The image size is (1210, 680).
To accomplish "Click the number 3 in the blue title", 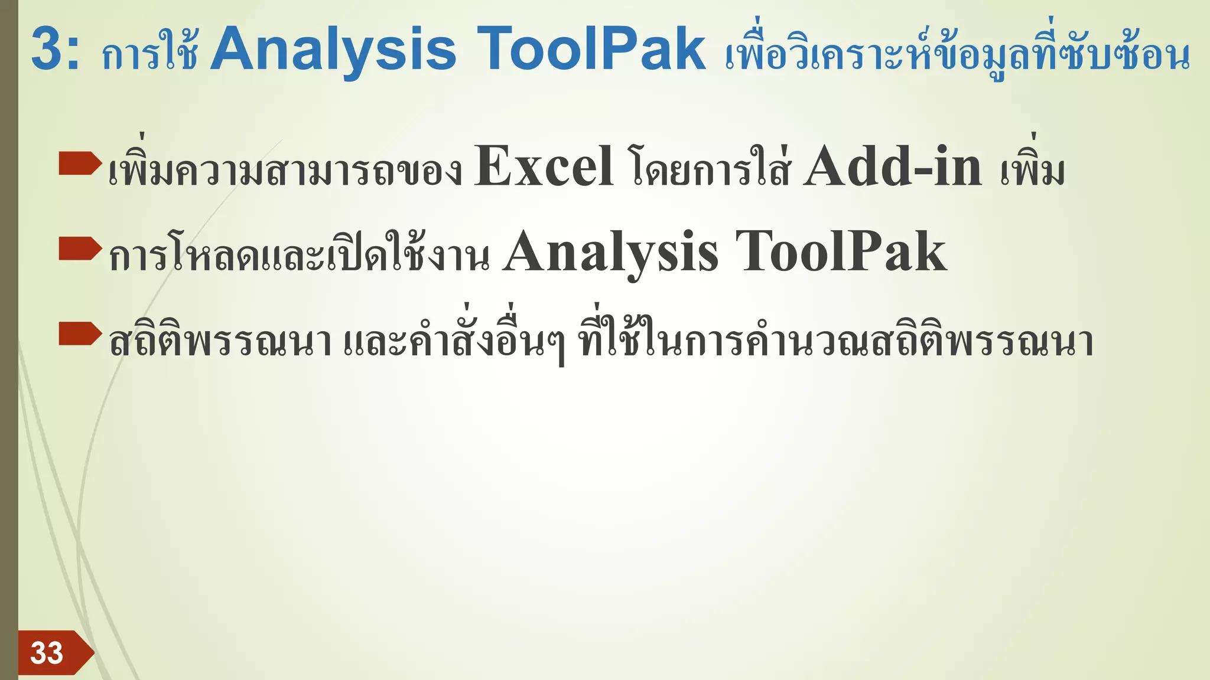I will point(47,49).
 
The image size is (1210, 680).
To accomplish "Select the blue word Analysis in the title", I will point(333,50).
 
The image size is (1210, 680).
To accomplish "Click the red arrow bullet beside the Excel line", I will point(80,164).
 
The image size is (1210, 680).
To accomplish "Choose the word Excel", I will point(543,167).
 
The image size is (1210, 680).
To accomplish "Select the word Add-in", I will point(892,167).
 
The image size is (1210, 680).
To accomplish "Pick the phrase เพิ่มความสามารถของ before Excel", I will point(285,169).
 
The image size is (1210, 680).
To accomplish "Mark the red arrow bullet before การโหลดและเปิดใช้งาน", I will point(80,249).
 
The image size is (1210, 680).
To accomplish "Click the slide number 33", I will point(47,653).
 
